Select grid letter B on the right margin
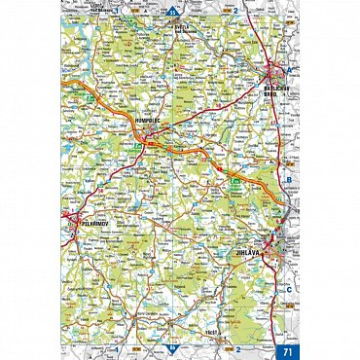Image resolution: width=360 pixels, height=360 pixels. pos(289,179)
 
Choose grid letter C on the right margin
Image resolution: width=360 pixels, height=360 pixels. pos(289,289)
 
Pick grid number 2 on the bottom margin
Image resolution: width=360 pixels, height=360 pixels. pos(236,348)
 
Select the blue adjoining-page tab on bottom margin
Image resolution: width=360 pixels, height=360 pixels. pos(174,348)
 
